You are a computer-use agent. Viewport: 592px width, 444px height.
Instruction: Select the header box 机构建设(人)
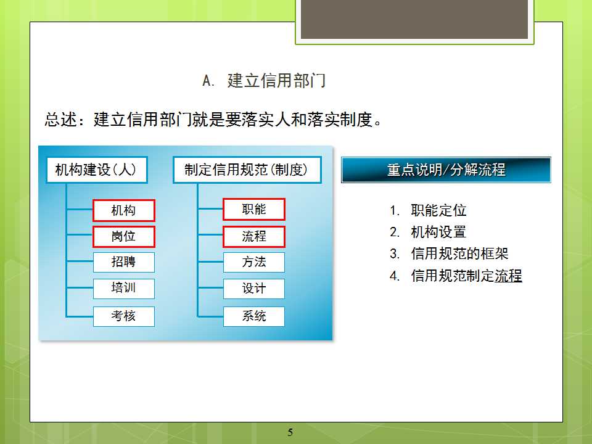(x=97, y=170)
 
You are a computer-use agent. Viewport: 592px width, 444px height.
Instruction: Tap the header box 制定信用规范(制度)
(x=247, y=170)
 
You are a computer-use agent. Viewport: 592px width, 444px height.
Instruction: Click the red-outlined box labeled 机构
(x=124, y=210)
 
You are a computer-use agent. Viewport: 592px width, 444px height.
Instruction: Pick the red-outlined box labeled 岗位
(x=124, y=237)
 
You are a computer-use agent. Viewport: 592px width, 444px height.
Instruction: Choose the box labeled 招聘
(x=124, y=262)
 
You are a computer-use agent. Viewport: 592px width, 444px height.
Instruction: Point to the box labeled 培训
(x=124, y=289)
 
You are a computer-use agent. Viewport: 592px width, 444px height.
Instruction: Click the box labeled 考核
(x=124, y=316)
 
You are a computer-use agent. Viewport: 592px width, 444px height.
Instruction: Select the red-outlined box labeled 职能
(x=254, y=209)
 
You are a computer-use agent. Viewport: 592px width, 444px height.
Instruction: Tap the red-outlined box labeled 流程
(x=254, y=237)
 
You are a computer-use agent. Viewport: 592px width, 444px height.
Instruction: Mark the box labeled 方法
(x=254, y=262)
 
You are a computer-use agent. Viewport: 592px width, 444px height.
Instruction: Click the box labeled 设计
(x=254, y=289)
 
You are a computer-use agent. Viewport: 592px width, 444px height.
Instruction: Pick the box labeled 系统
(x=254, y=316)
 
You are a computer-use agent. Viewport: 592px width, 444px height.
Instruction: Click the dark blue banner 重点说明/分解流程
(x=446, y=170)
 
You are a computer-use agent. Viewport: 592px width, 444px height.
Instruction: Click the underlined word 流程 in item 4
(x=509, y=276)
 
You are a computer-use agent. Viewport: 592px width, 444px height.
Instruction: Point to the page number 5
(x=290, y=432)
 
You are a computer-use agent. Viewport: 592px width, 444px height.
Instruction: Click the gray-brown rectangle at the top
(x=414, y=19)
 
